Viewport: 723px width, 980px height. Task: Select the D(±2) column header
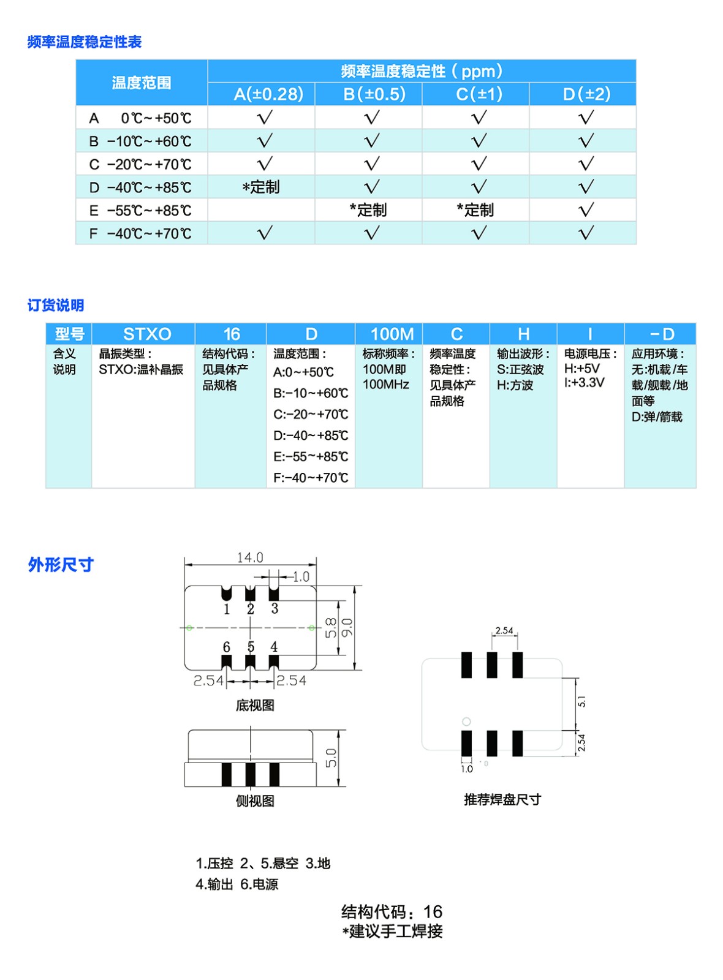coord(586,94)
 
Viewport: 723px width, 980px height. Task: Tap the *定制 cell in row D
coord(261,187)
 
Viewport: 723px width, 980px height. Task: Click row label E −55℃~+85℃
coord(141,211)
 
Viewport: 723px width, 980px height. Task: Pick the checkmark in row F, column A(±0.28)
coord(265,233)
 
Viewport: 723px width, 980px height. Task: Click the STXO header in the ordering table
coord(147,334)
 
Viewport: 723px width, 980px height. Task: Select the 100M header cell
coord(392,334)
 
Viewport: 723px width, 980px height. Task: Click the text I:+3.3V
coord(584,383)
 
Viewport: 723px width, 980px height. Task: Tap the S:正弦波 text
coord(520,369)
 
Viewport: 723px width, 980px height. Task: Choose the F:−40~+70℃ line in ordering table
coord(311,478)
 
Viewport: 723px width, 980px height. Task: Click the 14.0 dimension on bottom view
coord(250,557)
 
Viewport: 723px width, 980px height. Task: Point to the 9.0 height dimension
coord(347,628)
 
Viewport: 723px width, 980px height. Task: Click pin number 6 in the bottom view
coord(227,647)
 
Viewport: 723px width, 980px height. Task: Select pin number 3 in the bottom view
coord(274,608)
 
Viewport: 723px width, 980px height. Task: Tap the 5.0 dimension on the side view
coord(331,758)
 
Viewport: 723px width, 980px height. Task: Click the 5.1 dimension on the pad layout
coord(581,702)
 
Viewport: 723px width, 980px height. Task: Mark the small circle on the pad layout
coord(466,722)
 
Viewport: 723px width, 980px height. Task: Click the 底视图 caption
coord(255,706)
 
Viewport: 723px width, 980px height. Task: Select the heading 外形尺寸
coord(61,565)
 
